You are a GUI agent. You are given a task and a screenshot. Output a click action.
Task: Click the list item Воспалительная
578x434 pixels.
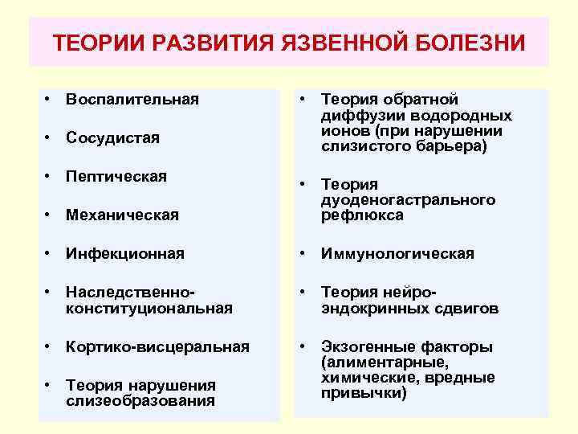pos(132,100)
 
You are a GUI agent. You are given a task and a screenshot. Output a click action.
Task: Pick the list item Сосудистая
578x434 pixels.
pos(113,138)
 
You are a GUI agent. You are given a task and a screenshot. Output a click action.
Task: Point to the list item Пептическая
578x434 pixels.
pos(116,176)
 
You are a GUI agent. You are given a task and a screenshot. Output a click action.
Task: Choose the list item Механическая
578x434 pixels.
pos(123,215)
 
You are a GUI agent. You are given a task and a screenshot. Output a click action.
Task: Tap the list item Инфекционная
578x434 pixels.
pos(125,253)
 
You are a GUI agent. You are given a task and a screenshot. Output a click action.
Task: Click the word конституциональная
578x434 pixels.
pos(149,308)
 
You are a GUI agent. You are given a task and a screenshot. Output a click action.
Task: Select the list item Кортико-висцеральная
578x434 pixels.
pos(158,346)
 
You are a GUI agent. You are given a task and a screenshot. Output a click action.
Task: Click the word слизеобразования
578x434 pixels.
pos(140,401)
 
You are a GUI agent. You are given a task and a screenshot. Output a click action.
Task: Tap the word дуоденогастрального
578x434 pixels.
pos(408,200)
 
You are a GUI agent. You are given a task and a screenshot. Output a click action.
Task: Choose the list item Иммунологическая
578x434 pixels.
pos(397,253)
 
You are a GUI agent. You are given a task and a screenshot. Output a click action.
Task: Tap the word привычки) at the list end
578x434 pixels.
pos(364,393)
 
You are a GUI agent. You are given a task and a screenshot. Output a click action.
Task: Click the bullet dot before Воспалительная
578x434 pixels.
pos(49,100)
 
